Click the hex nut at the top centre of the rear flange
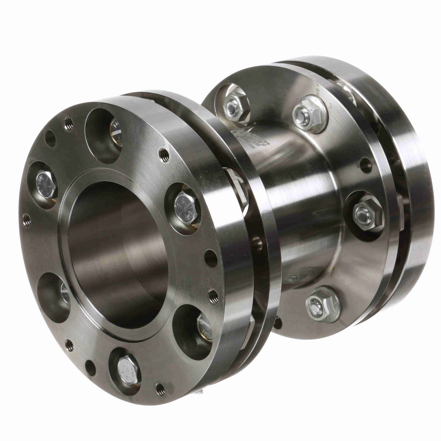pyautogui.click(x=309, y=114)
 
